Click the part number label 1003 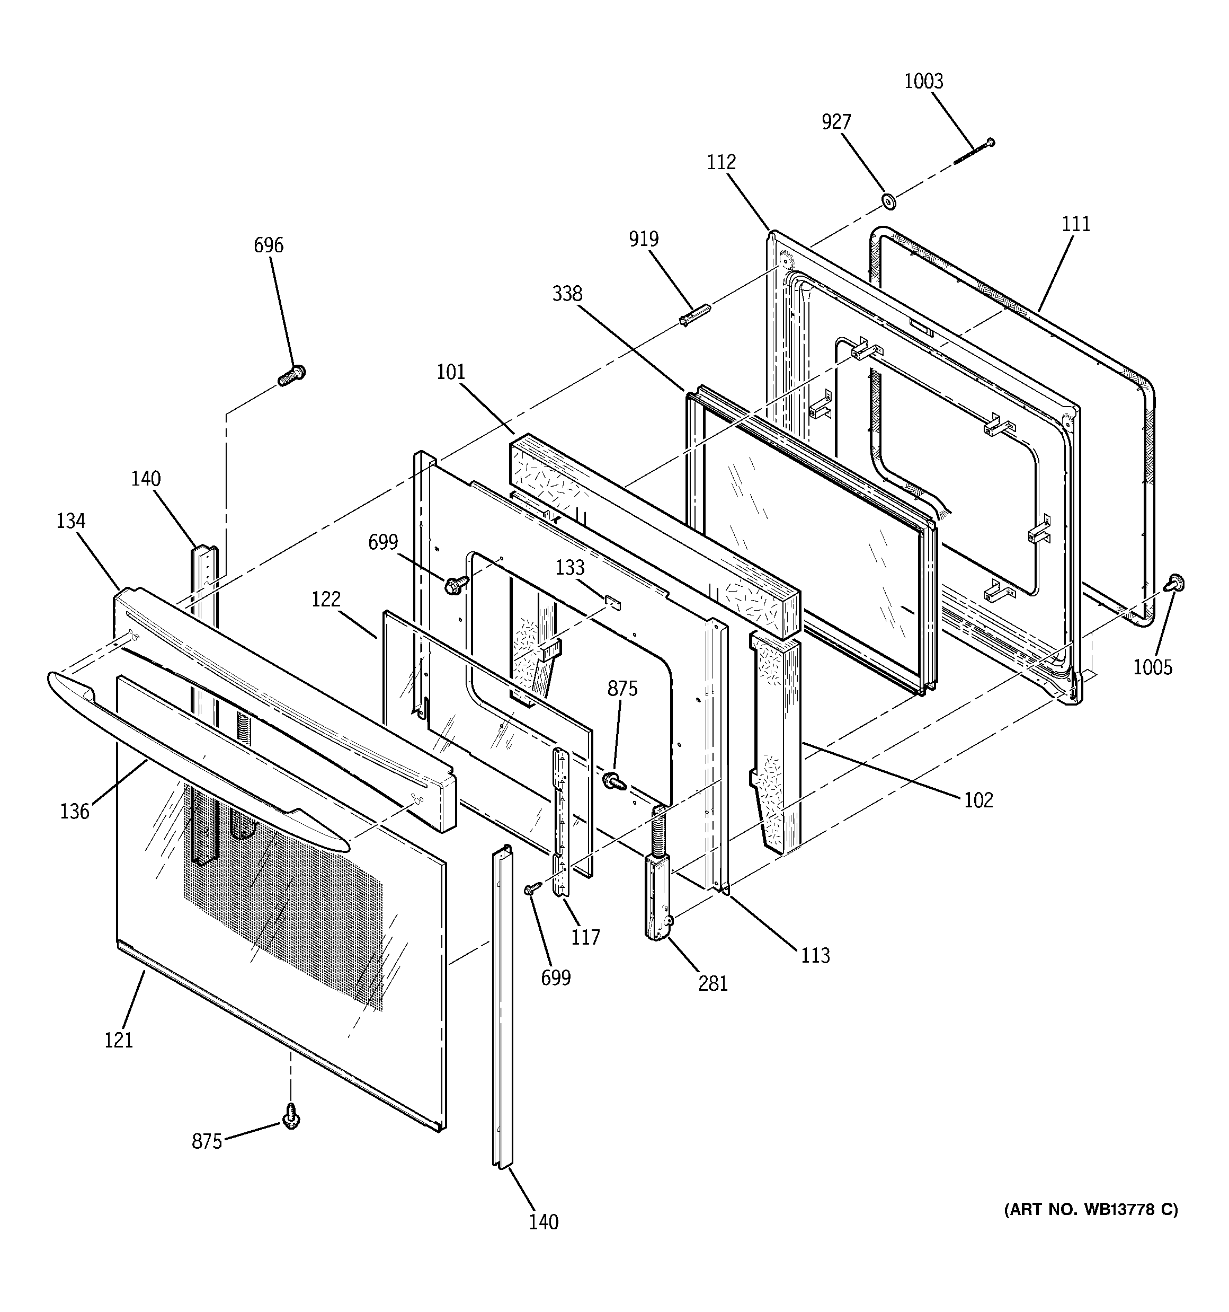(923, 81)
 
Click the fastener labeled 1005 (1173, 582)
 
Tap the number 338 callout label (567, 294)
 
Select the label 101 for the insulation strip (451, 372)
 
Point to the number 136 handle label (75, 812)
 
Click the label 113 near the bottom (815, 955)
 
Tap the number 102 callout (978, 800)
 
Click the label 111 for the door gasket (1076, 224)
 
